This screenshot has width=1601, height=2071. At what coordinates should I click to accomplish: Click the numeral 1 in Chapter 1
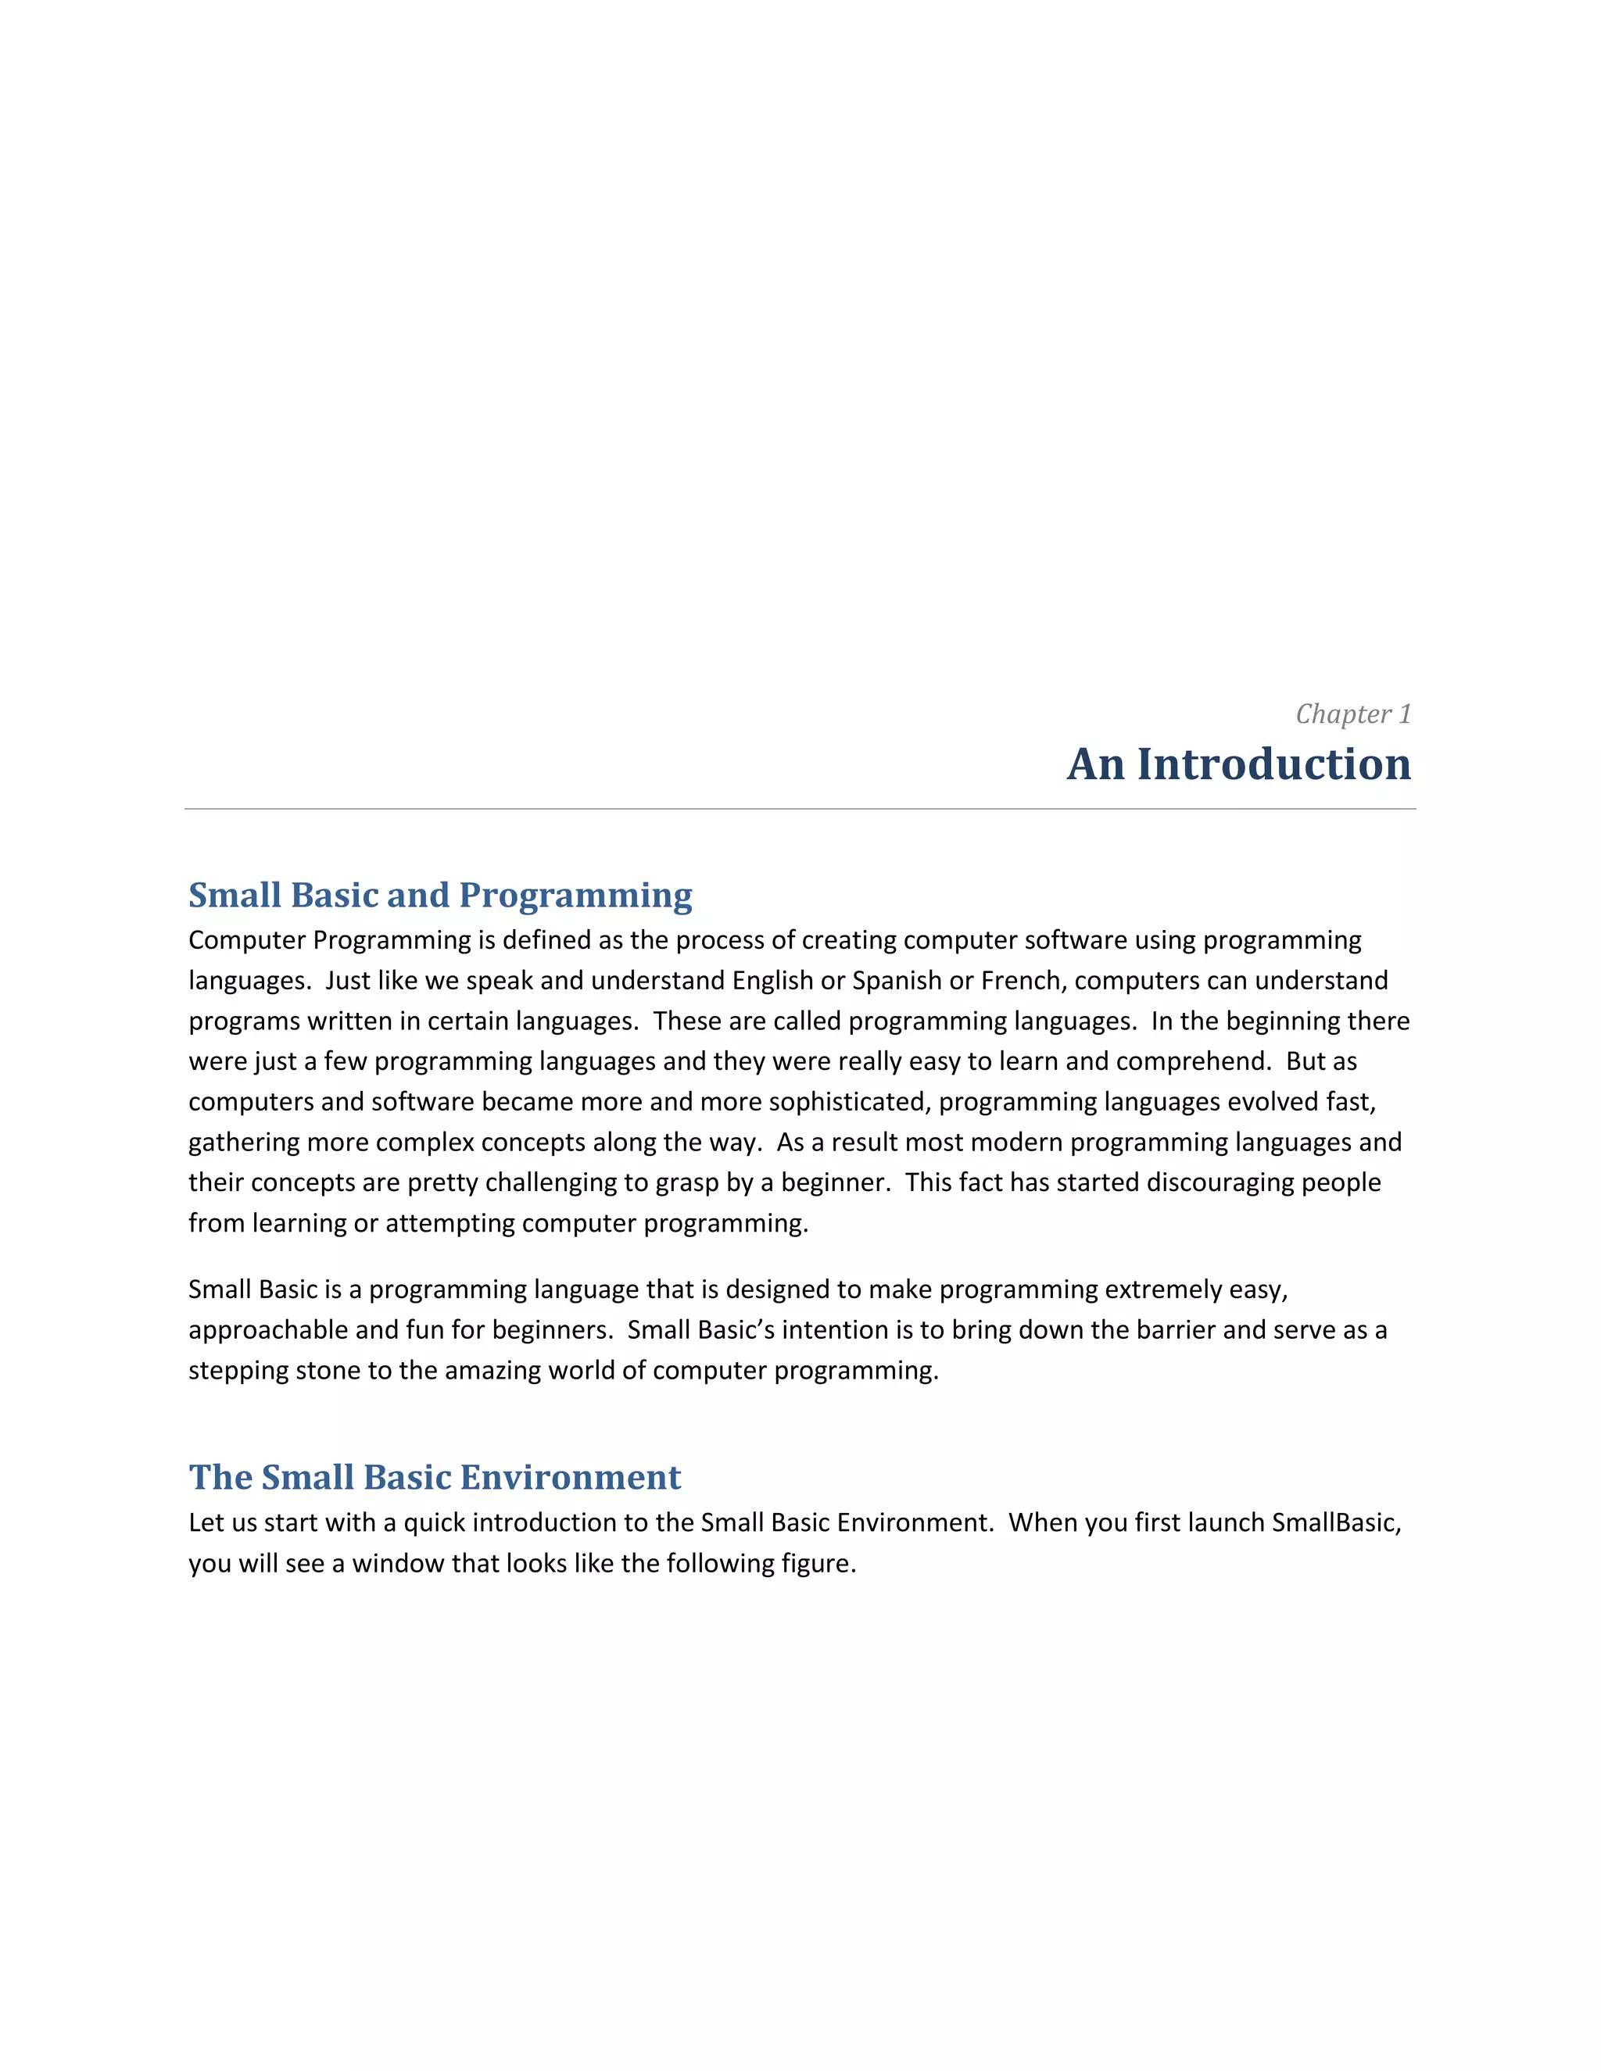pyautogui.click(x=1405, y=714)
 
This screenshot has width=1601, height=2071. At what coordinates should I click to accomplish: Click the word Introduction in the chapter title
pyautogui.click(x=1273, y=764)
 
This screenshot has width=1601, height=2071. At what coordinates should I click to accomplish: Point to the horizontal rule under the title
pyautogui.click(x=800, y=809)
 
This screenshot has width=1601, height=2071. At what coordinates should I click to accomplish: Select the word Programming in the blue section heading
pyautogui.click(x=575, y=895)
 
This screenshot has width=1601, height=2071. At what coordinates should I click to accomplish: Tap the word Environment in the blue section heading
pyautogui.click(x=570, y=1477)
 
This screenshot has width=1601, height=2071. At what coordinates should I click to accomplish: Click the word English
pyautogui.click(x=772, y=981)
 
